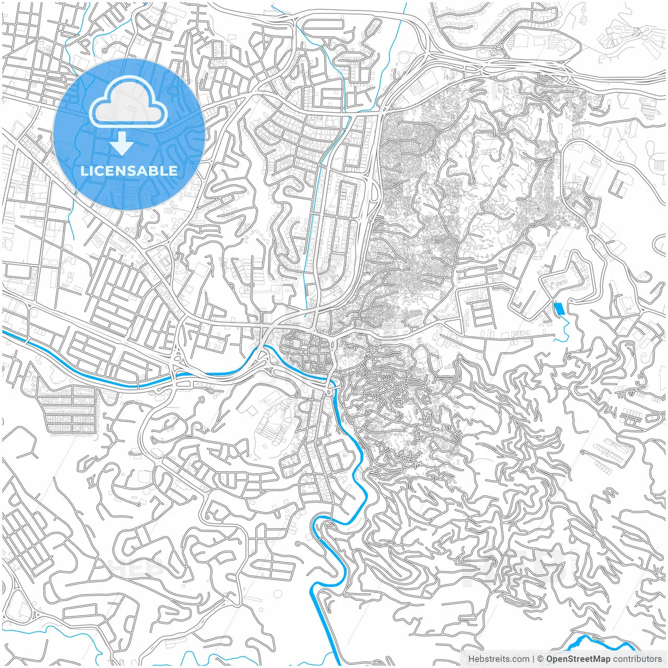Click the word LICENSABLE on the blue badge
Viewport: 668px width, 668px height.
[128, 171]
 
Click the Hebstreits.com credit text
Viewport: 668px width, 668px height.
[498, 659]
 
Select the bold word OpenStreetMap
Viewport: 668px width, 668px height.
[578, 659]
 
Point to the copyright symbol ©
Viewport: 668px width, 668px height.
[541, 659]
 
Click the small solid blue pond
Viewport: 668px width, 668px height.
[559, 308]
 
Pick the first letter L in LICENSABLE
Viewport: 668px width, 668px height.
[83, 171]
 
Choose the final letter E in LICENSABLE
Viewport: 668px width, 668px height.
[174, 171]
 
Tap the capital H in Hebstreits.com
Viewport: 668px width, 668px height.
[471, 659]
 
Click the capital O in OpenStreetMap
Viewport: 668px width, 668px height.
[550, 659]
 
